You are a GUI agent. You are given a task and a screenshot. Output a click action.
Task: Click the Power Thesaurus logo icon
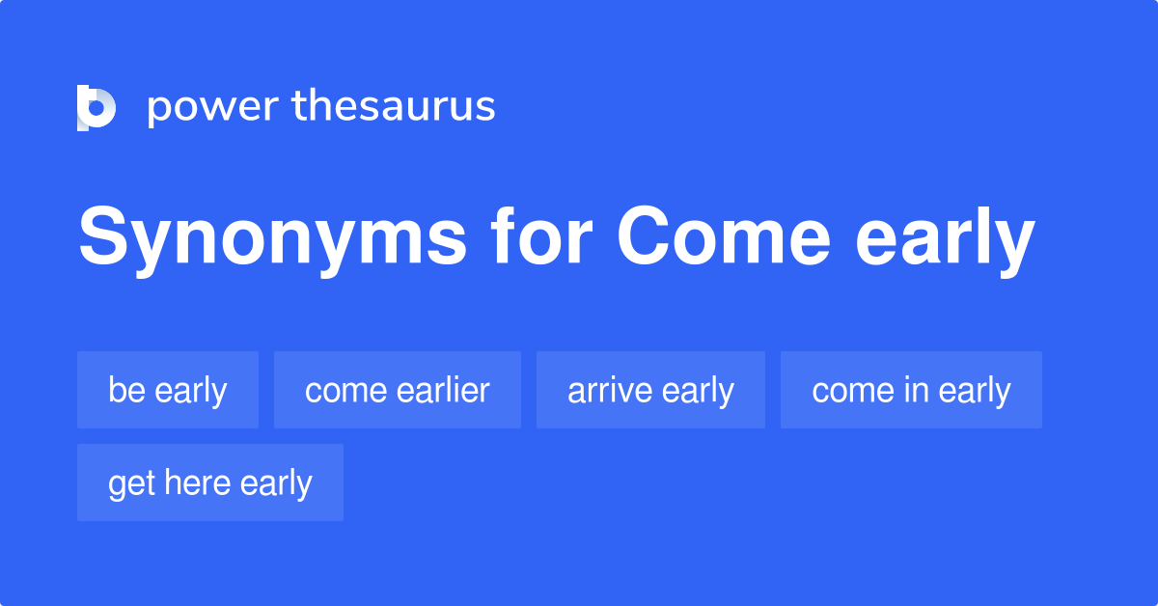96,107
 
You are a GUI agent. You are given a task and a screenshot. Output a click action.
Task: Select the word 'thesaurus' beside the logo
394,107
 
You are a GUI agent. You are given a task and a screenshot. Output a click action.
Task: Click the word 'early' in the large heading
945,241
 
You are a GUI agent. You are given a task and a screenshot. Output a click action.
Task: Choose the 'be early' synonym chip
168,390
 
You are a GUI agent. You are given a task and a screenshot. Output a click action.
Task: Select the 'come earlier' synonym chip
398,390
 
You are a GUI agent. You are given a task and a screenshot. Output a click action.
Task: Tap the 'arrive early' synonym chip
650,390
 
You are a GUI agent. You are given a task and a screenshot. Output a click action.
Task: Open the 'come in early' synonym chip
911,390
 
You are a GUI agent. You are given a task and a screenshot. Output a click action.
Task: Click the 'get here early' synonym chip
210,482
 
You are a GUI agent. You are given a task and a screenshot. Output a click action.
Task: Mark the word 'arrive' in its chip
604,390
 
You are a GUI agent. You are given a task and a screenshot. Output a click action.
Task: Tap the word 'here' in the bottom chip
196,482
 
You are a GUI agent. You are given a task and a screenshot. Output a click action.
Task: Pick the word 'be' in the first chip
126,390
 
